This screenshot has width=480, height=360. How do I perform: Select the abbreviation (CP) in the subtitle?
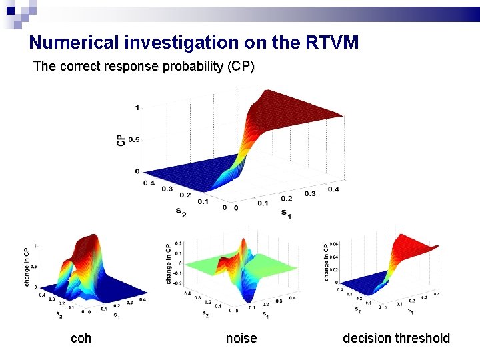(x=241, y=67)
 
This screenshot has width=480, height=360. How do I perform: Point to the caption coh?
(x=81, y=339)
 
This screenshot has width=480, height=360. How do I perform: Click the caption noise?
(x=241, y=339)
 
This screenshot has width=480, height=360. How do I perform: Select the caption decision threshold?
(x=396, y=339)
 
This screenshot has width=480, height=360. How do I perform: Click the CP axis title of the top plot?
(x=121, y=139)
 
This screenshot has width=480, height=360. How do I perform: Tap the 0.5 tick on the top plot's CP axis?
(x=133, y=139)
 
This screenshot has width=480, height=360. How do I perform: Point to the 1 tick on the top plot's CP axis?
(x=137, y=108)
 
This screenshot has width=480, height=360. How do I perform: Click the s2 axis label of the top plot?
(x=181, y=212)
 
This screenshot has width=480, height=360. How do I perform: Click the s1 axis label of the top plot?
(x=285, y=213)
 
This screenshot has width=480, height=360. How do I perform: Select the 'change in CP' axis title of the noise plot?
(x=169, y=264)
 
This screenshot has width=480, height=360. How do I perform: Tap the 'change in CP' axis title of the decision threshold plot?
(x=327, y=261)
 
